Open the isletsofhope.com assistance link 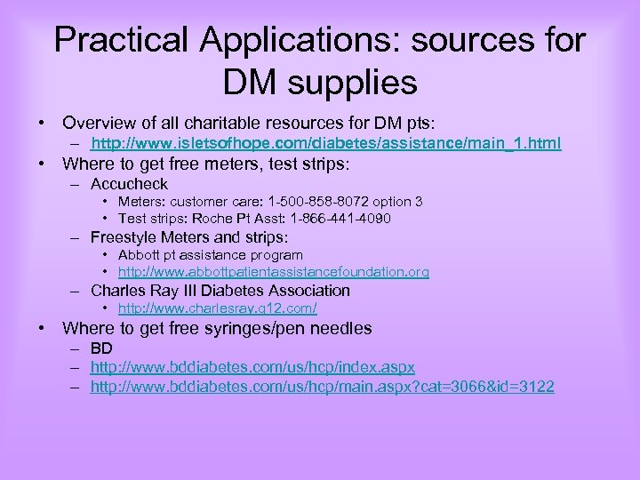[x=326, y=143]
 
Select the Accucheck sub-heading [x=129, y=184]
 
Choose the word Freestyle [x=127, y=237]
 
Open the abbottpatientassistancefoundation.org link [x=274, y=272]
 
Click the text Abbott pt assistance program [x=211, y=255]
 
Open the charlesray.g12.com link [x=217, y=308]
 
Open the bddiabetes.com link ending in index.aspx [x=252, y=367]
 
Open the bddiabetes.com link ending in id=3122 [x=322, y=388]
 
